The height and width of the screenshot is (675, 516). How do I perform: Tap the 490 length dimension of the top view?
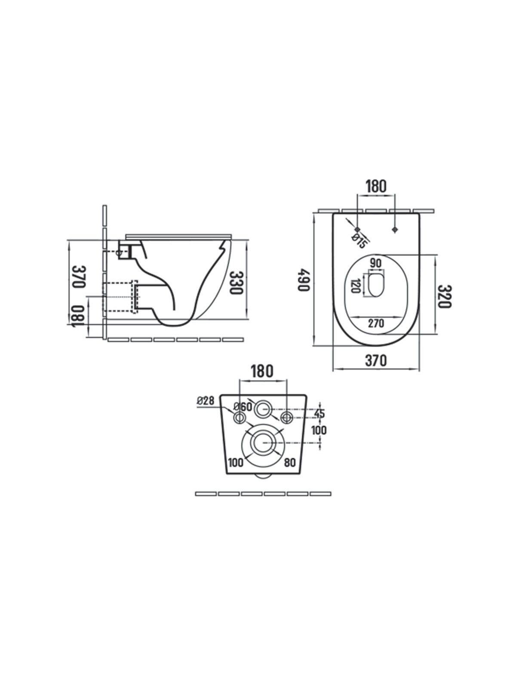[x=303, y=280]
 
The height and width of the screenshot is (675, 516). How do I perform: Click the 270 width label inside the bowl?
[x=376, y=323]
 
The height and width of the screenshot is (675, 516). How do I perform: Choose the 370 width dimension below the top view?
[x=376, y=360]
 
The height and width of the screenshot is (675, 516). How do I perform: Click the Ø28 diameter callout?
[x=206, y=401]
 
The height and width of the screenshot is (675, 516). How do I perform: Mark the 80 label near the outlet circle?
[x=290, y=463]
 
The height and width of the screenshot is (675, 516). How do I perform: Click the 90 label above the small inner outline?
[x=375, y=262]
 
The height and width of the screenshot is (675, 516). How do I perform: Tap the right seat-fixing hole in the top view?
[x=395, y=230]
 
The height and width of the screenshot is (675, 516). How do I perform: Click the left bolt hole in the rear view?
[x=240, y=417]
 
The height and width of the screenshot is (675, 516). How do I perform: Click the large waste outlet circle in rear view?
[x=262, y=444]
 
